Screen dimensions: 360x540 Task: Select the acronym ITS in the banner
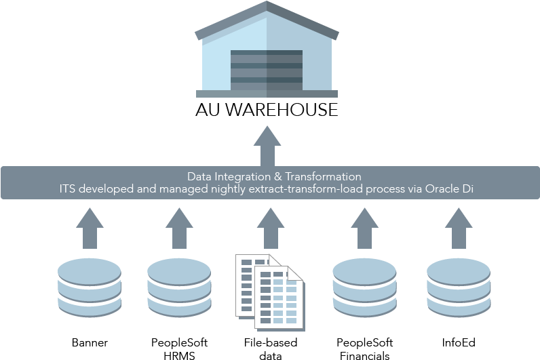coord(68,189)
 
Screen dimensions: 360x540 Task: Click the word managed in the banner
coord(173,189)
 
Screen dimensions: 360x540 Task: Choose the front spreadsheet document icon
coord(279,298)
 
